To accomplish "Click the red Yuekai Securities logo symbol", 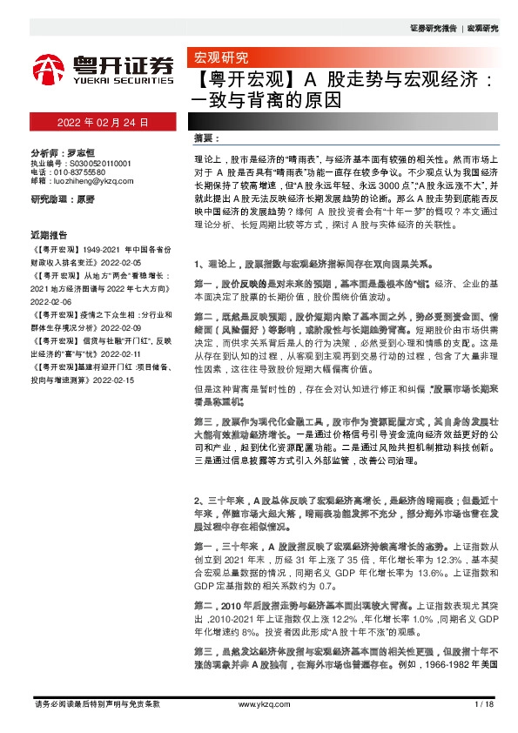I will tap(49, 68).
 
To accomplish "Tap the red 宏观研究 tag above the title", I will tap(219, 59).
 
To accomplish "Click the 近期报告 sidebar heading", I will tap(49, 235).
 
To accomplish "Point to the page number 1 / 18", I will tap(485, 703).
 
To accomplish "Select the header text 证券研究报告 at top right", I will tap(433, 28).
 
